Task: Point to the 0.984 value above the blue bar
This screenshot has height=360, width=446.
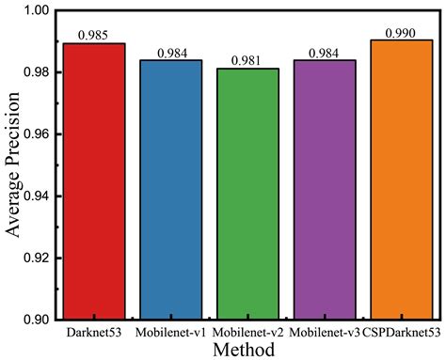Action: pyautogui.click(x=171, y=53)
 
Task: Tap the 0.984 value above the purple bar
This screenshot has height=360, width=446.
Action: pyautogui.click(x=325, y=53)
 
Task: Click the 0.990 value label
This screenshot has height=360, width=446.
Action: pyautogui.click(x=402, y=32)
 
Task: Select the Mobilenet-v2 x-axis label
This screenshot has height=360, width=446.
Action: pyautogui.click(x=247, y=332)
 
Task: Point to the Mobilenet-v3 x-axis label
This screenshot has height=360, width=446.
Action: pyautogui.click(x=325, y=332)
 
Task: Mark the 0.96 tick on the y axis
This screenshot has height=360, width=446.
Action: pyautogui.click(x=36, y=134)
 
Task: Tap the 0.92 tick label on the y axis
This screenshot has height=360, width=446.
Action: pyautogui.click(x=36, y=258)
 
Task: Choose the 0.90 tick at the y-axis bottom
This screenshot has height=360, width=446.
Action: pyautogui.click(x=36, y=319)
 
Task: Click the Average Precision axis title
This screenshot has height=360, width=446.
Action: pyautogui.click(x=12, y=164)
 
